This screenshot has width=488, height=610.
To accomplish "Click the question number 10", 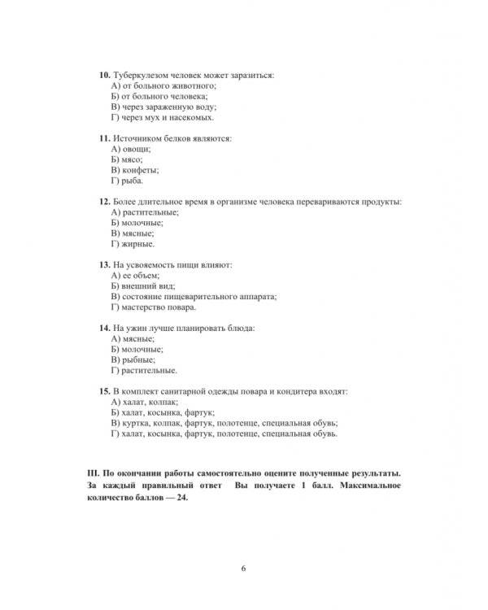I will coord(103,75).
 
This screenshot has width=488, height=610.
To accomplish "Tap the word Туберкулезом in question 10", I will coord(141,75).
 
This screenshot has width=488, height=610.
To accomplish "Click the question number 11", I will coord(103,138).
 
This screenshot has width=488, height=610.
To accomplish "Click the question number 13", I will coord(103,265).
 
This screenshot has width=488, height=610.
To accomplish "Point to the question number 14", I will coord(103,329).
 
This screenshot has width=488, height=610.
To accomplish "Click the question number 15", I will coord(103,392).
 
